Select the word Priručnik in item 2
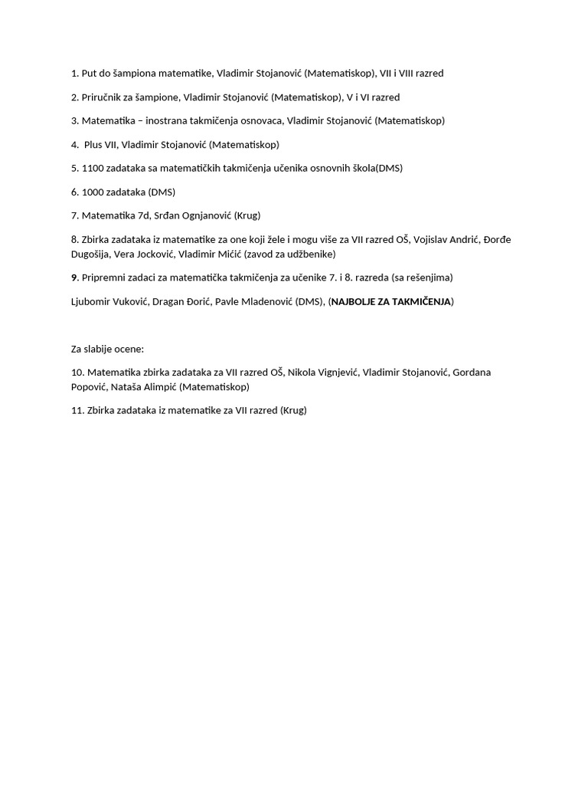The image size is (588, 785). [103, 97]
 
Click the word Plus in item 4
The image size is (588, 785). [93, 144]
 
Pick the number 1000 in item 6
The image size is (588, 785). [93, 192]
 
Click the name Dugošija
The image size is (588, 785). [90, 254]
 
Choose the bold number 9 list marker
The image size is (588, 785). [74, 278]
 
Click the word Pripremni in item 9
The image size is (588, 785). [104, 278]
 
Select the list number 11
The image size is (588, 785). [77, 410]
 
